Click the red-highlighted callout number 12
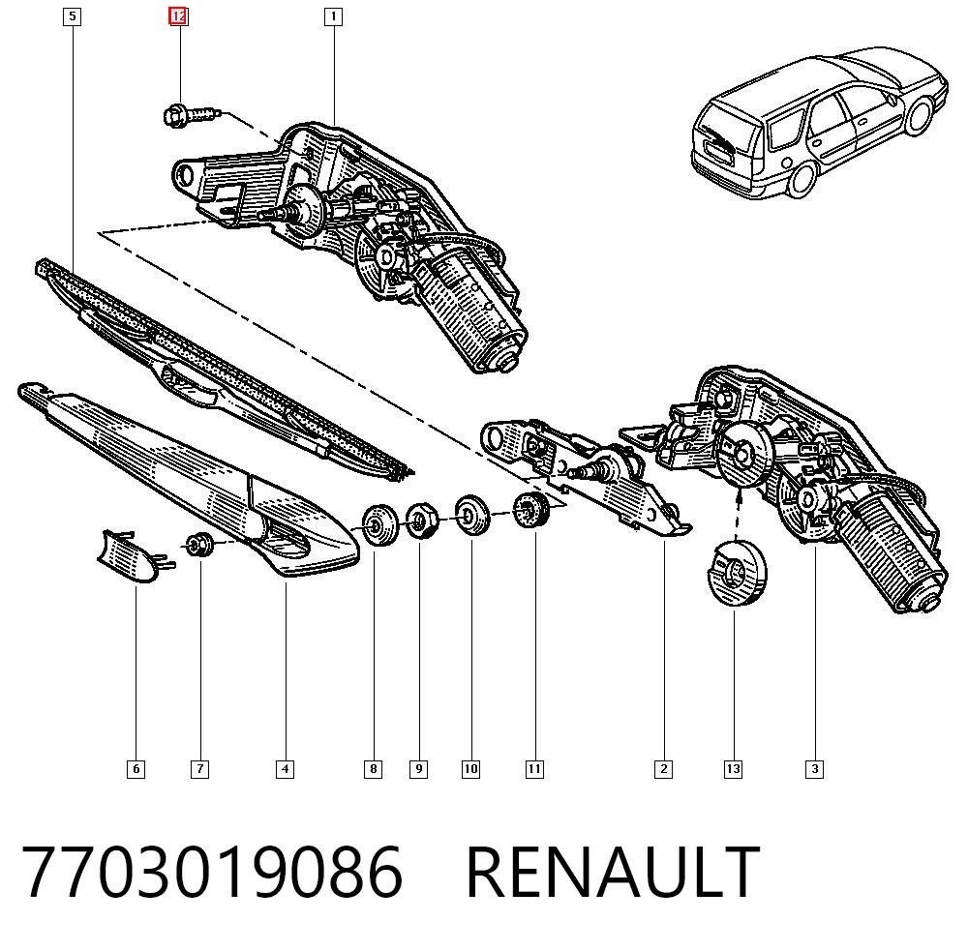pyautogui.click(x=178, y=16)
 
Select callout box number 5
pyautogui.click(x=73, y=16)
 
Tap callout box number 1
pyautogui.click(x=333, y=16)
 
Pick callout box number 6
pyautogui.click(x=136, y=769)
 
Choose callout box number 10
pyautogui.click(x=470, y=769)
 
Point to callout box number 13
pyautogui.click(x=733, y=769)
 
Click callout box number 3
pyautogui.click(x=815, y=769)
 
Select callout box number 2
pyautogui.click(x=664, y=769)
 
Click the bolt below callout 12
pyautogui.click(x=192, y=115)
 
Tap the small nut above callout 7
pyautogui.click(x=199, y=544)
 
